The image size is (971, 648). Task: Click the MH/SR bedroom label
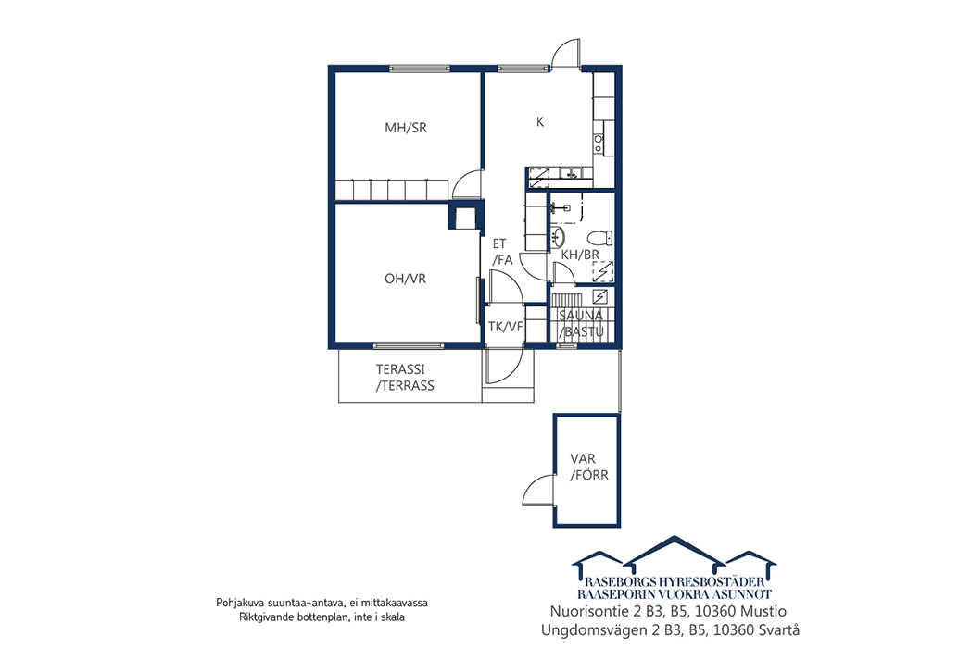(406, 128)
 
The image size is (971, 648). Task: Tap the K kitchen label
(540, 122)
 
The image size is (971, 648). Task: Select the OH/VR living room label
(405, 279)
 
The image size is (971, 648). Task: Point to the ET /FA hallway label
(502, 252)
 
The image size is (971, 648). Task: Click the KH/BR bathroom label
(580, 255)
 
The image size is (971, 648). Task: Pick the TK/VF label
(505, 327)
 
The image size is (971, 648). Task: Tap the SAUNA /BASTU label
(581, 323)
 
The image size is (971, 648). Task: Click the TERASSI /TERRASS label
(405, 378)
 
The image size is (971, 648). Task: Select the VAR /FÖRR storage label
(589, 467)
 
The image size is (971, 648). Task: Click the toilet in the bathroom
(599, 238)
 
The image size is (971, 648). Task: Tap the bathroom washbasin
(558, 236)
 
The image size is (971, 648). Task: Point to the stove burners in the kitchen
(599, 143)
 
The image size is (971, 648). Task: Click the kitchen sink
(571, 173)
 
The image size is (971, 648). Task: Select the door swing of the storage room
(536, 490)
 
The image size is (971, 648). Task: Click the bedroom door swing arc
(466, 185)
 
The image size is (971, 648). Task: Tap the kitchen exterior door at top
(566, 53)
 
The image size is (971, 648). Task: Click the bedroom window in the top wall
(419, 69)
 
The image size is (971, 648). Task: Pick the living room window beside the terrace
(408, 345)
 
